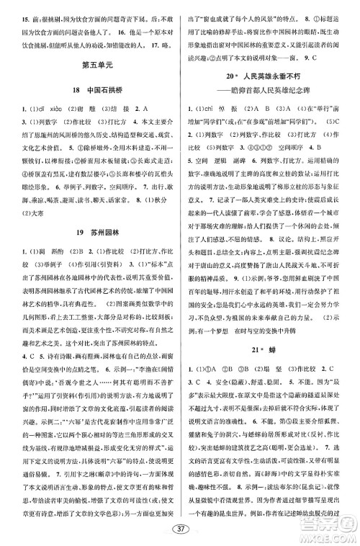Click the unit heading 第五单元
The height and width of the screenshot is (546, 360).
coord(91,70)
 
